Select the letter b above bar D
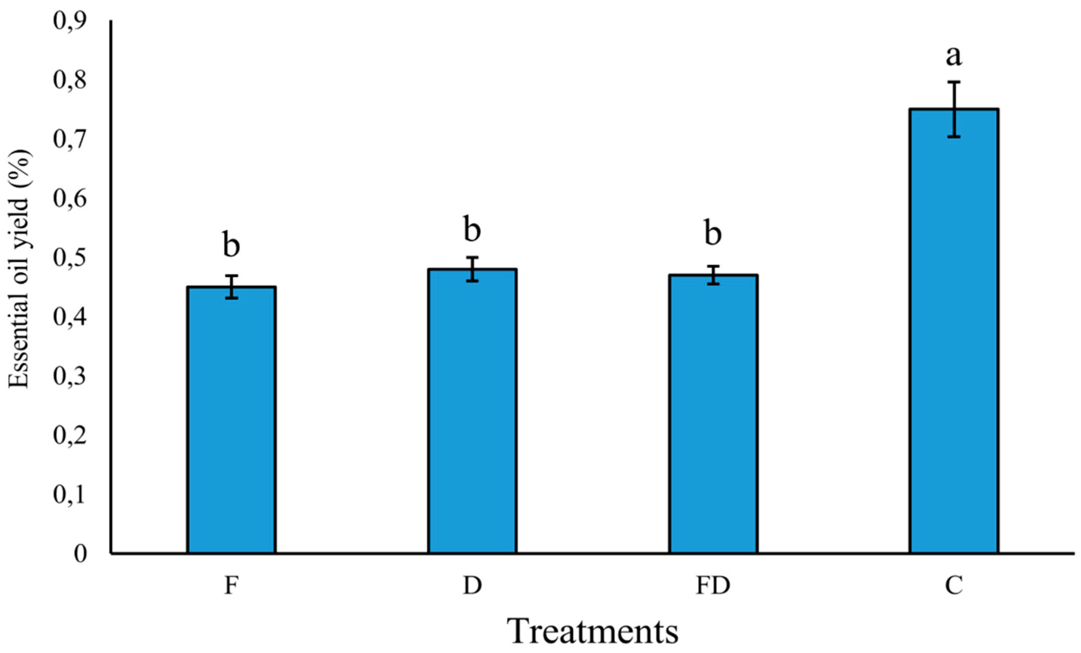[x=472, y=229]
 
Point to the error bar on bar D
[x=472, y=269]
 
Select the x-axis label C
[x=954, y=586]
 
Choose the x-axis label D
[x=472, y=586]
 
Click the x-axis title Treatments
[x=593, y=632]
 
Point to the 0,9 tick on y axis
[x=71, y=21]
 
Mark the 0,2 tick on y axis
[x=71, y=436]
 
